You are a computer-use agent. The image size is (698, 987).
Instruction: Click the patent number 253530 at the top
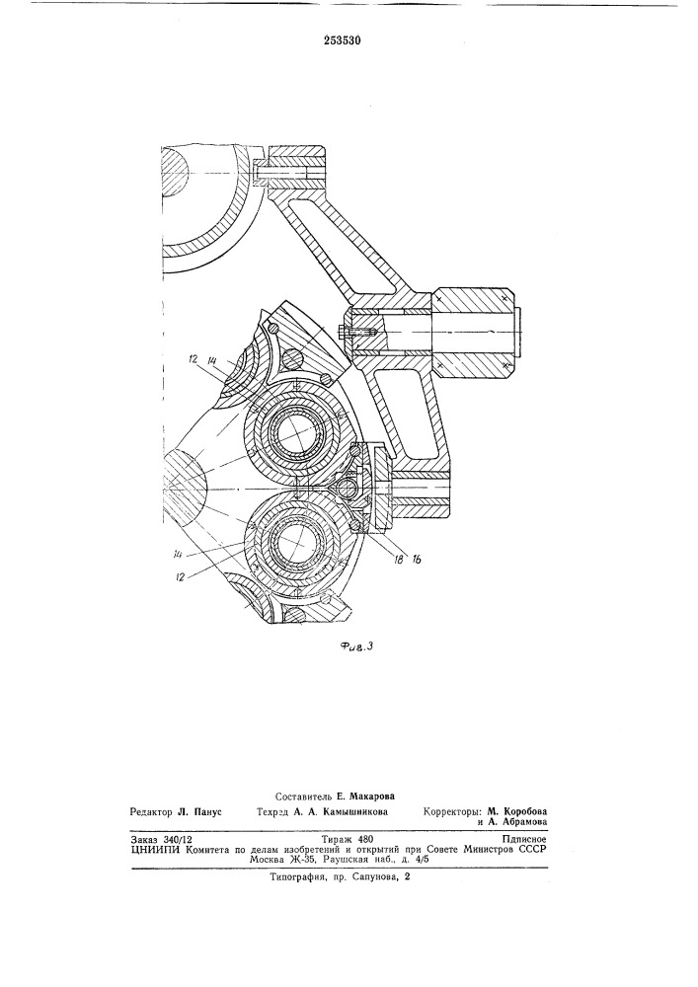click(x=342, y=40)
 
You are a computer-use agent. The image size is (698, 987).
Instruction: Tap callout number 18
click(x=398, y=558)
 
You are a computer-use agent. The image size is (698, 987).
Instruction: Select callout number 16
click(x=417, y=558)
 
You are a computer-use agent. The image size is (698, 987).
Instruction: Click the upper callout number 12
click(x=192, y=360)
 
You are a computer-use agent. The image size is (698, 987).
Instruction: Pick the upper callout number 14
click(x=212, y=360)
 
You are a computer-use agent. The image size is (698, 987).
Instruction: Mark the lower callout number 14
click(x=181, y=553)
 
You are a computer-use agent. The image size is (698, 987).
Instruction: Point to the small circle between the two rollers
click(x=346, y=487)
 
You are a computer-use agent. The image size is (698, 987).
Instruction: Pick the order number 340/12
click(x=178, y=839)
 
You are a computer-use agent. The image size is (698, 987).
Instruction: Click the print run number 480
click(x=365, y=839)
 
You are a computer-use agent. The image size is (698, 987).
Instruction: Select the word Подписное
click(x=524, y=839)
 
